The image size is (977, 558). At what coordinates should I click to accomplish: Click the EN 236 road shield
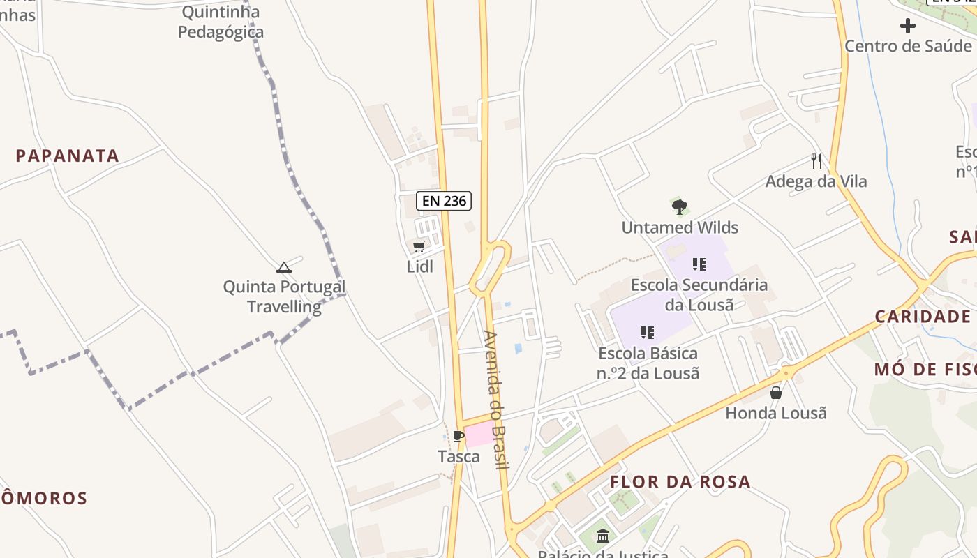(444, 201)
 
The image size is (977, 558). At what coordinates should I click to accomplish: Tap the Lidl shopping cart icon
(419, 246)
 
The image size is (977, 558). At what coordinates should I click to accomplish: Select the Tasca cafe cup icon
(458, 437)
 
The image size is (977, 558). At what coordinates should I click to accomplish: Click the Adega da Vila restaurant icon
(816, 161)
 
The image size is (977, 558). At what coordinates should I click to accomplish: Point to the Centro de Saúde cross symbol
(907, 27)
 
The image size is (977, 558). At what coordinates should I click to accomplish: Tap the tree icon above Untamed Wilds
(679, 207)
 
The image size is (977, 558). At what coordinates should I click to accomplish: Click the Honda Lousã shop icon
(775, 393)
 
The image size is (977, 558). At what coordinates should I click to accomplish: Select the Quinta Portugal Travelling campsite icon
(283, 267)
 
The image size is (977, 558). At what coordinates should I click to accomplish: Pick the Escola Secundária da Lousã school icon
(699, 264)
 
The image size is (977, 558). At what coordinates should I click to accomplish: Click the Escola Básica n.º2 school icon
(647, 333)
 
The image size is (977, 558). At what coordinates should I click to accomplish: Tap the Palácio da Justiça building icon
(603, 536)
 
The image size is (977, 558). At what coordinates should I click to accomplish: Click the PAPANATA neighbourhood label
(68, 156)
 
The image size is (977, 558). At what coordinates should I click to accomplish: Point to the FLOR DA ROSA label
(680, 482)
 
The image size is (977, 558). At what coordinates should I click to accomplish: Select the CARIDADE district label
(923, 317)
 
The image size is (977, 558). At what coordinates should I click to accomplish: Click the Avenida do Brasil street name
(497, 400)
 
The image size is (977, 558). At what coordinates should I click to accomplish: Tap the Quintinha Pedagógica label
(221, 22)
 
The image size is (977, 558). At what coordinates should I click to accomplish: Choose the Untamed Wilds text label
(680, 227)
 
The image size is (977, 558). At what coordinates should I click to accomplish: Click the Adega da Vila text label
(816, 181)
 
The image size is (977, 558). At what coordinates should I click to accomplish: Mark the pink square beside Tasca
(479, 435)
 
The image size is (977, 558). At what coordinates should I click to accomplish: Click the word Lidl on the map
(419, 266)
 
